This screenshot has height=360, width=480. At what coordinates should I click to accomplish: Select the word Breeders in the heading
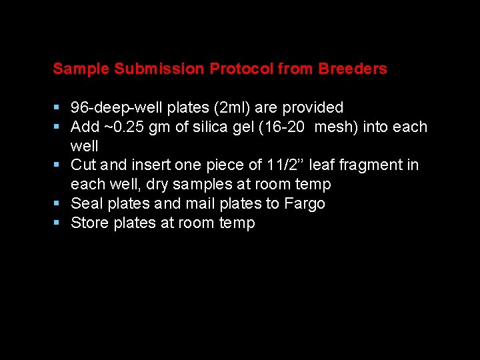(x=353, y=69)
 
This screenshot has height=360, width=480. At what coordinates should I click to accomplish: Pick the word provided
(x=313, y=108)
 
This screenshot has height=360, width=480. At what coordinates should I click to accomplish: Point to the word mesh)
(x=336, y=127)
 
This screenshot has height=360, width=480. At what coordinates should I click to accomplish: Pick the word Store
(x=89, y=223)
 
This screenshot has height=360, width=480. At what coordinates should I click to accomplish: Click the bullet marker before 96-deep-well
(x=57, y=108)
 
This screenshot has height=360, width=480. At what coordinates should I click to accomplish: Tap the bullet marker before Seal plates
(x=57, y=203)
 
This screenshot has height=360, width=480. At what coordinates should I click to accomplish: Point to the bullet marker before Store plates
(x=57, y=223)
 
